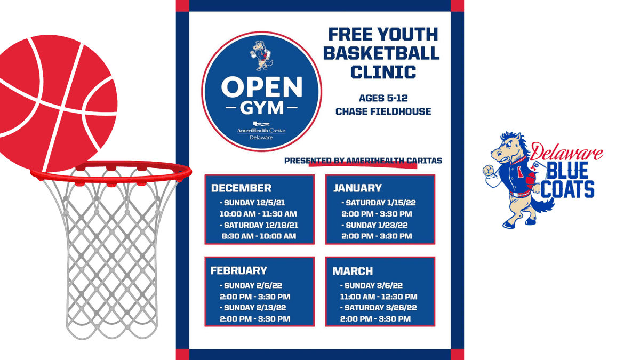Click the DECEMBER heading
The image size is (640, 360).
241,188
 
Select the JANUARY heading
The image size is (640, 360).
358,188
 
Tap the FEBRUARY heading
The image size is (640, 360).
238,270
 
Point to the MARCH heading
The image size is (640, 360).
353,271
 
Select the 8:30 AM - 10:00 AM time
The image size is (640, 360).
259,236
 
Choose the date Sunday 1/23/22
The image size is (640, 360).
375,225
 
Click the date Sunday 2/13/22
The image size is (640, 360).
255,308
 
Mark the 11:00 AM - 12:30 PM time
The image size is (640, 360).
379,297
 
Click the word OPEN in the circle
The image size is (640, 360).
262,87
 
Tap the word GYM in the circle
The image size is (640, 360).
261,109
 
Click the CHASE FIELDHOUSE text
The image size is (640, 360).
383,112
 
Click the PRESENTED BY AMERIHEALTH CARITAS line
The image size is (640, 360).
363,161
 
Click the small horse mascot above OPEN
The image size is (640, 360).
261,57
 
